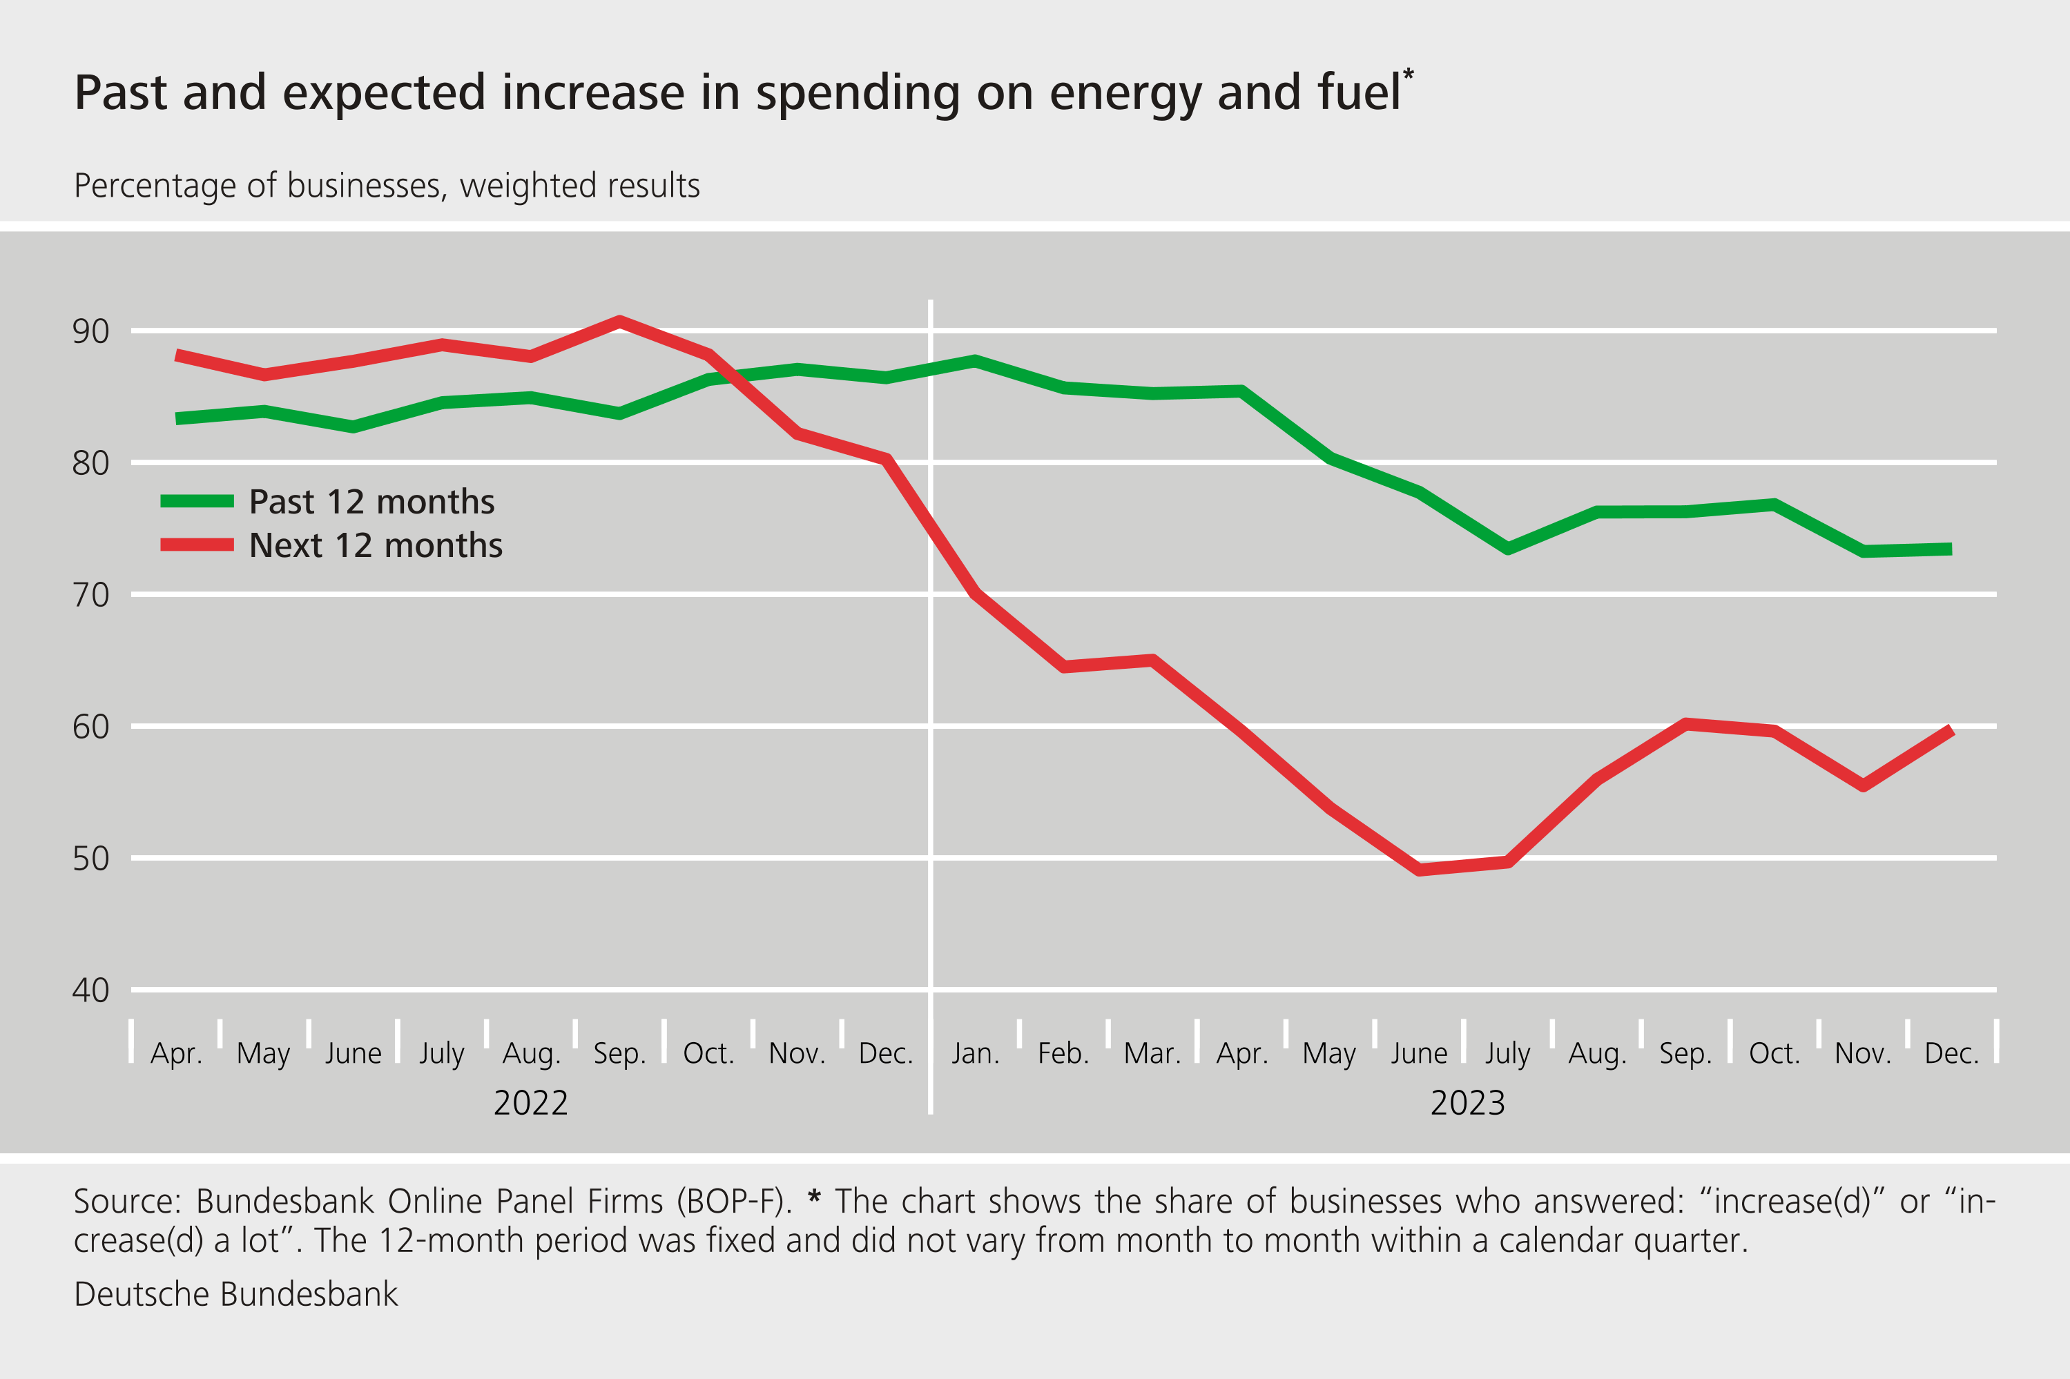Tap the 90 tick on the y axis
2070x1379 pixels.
tap(90, 331)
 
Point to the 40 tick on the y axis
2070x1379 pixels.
tap(90, 990)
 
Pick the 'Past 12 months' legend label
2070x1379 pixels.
tap(371, 501)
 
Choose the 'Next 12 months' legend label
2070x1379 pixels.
tap(376, 545)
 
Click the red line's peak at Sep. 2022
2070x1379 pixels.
tap(619, 321)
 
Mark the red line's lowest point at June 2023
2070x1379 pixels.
tap(1419, 870)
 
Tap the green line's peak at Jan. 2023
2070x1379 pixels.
tap(975, 360)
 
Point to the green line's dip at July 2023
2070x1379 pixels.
tap(1508, 549)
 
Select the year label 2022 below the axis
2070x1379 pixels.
tap(530, 1103)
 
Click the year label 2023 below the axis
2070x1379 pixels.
tap(1467, 1103)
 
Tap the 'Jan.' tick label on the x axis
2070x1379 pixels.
tap(975, 1053)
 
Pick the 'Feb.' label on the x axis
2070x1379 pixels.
tap(1063, 1053)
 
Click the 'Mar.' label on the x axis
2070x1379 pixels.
tap(1152, 1053)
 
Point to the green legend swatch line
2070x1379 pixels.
tap(197, 501)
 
